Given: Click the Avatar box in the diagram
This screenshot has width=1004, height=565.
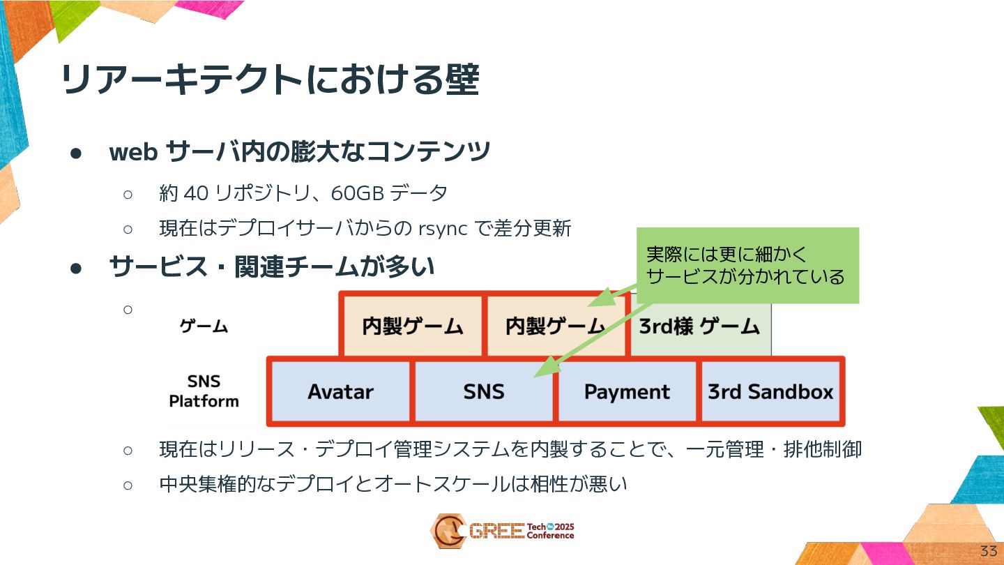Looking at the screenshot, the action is tap(340, 392).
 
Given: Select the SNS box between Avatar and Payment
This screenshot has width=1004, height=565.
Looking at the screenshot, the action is tap(484, 392).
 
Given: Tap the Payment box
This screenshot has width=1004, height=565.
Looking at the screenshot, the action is tap(627, 392).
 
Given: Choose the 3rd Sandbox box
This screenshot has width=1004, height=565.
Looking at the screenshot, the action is tap(770, 392).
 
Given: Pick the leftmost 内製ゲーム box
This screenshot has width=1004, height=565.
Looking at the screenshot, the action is tap(412, 326).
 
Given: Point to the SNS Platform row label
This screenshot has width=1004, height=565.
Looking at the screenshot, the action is tap(204, 391).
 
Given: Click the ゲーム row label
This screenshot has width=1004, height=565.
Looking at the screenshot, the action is tap(204, 326).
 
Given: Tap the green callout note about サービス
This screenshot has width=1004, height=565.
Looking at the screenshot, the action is tap(745, 265).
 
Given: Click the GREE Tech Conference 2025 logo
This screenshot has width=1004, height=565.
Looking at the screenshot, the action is tap(502, 531).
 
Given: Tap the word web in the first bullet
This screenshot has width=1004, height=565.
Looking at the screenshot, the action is tap(132, 151).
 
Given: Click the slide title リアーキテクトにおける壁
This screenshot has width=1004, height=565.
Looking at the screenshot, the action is tap(271, 80).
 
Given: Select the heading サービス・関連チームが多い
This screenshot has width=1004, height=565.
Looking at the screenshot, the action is tap(272, 266).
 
